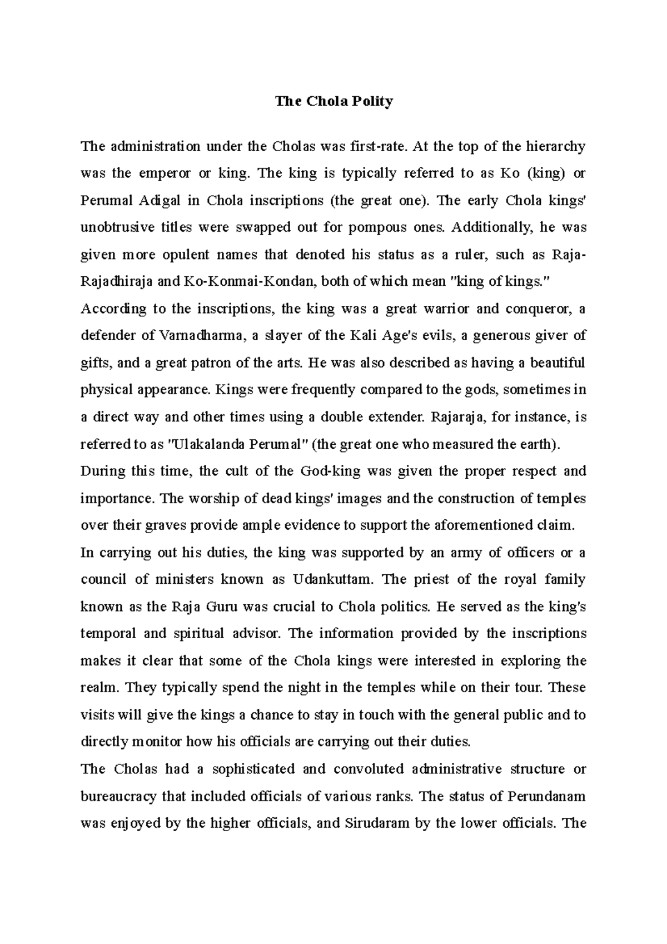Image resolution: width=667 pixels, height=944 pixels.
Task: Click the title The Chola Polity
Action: click(334, 102)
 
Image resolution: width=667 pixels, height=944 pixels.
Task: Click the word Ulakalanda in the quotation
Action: click(203, 445)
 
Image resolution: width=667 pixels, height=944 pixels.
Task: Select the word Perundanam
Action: click(547, 797)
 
